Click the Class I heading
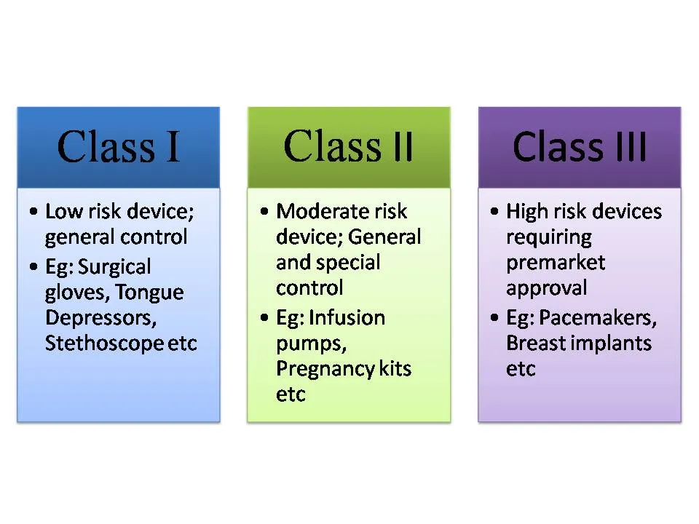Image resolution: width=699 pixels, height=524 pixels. click(x=119, y=146)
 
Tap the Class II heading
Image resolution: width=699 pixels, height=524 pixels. click(x=349, y=146)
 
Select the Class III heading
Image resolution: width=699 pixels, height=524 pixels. click(x=579, y=146)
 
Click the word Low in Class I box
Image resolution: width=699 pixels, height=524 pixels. click(x=64, y=211)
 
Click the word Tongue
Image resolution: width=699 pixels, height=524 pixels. click(x=149, y=293)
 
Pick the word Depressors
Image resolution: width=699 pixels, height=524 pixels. click(x=100, y=318)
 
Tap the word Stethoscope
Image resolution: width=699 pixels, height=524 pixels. click(x=104, y=343)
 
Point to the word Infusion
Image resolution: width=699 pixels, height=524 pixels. click(x=347, y=318)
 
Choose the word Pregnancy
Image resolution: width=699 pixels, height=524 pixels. click(x=325, y=370)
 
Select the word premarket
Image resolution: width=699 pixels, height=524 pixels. click(x=556, y=263)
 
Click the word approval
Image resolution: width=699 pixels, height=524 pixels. click(x=547, y=288)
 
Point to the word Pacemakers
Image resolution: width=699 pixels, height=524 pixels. click(x=598, y=318)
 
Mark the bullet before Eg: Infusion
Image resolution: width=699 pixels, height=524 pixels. click(x=264, y=318)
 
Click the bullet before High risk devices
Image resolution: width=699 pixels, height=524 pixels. click(x=494, y=211)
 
